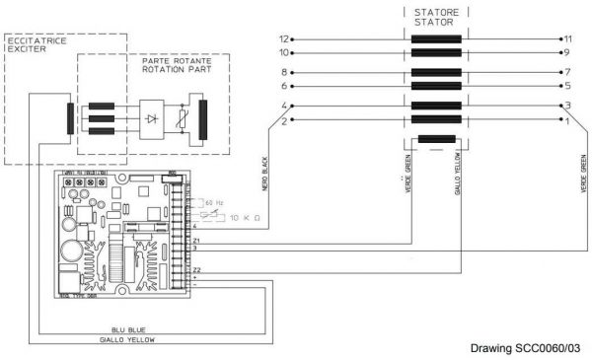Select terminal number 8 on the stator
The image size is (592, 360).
pyautogui.click(x=283, y=72)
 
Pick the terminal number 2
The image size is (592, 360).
pyautogui.click(x=283, y=120)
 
